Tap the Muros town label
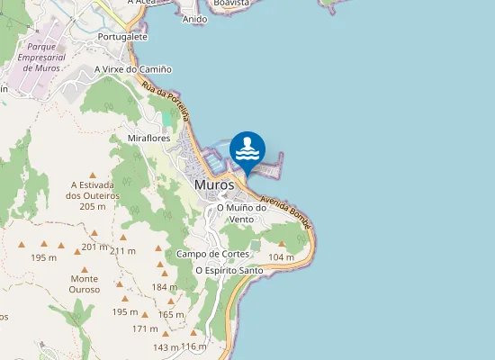pos(214,184)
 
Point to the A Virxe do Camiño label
pos(133,69)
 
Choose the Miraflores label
pos(149,138)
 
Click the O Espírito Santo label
pos(229,270)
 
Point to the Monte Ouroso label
pos(85,283)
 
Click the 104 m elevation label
pos(282,257)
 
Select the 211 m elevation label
pos(122,250)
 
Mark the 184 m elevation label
pos(165,287)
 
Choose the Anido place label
pos(194,19)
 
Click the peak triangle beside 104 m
pos(282,244)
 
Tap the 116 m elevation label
pos(193,346)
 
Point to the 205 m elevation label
pos(93,206)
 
